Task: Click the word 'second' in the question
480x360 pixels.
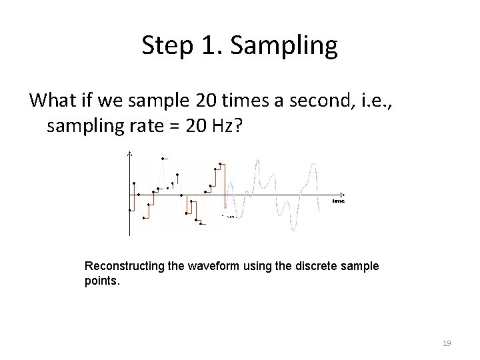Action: click(313, 101)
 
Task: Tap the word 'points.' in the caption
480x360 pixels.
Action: click(101, 280)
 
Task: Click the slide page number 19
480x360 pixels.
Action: click(447, 343)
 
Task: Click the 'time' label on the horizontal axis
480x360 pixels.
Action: click(339, 201)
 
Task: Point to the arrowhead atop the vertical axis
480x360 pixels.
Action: click(130, 155)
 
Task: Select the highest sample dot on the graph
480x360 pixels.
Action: click(163, 158)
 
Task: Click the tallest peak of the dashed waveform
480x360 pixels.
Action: click(259, 161)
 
